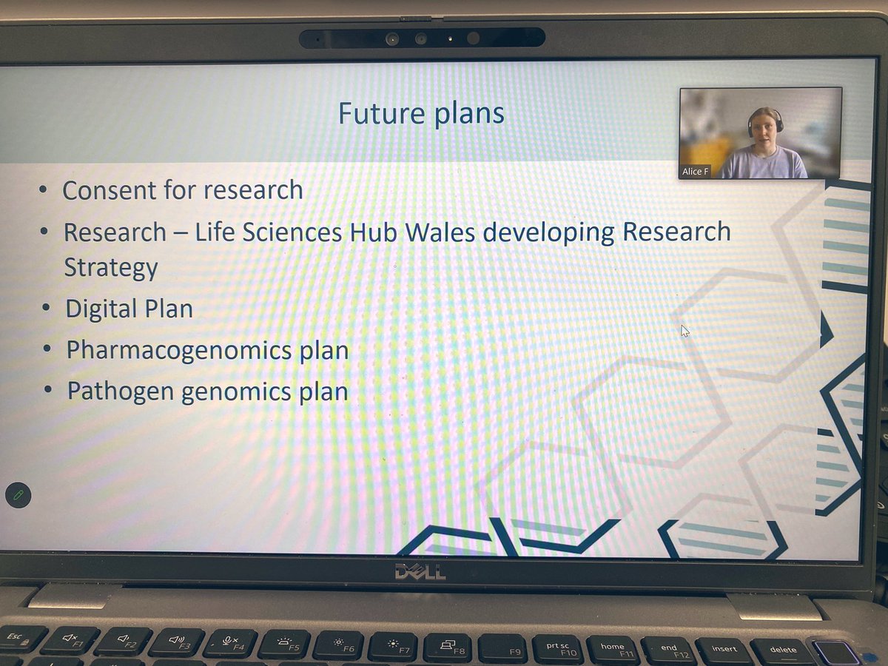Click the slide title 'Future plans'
click(421, 114)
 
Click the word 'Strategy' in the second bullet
click(111, 268)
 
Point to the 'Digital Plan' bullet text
click(129, 309)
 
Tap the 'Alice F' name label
click(696, 171)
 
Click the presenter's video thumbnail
click(761, 132)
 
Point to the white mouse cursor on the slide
click(684, 331)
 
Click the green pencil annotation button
click(18, 495)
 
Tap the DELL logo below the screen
click(420, 572)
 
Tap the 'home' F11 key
click(613, 649)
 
